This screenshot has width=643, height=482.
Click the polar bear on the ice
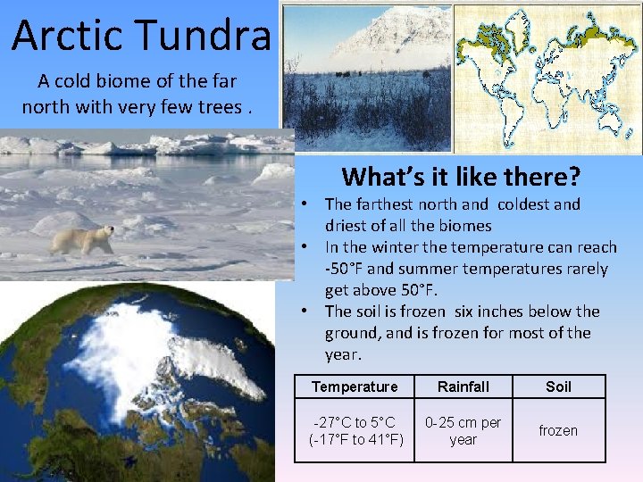point(82,239)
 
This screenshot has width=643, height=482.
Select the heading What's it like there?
point(461,175)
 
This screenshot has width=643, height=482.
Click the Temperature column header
point(355,386)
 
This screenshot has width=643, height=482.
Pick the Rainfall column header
point(463,386)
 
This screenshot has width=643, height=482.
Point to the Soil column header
point(558,386)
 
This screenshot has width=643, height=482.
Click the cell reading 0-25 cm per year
point(463,430)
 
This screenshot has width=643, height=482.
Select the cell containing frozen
point(558,430)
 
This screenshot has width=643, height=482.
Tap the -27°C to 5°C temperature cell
point(355,430)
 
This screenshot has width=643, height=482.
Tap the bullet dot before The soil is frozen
point(305,312)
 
